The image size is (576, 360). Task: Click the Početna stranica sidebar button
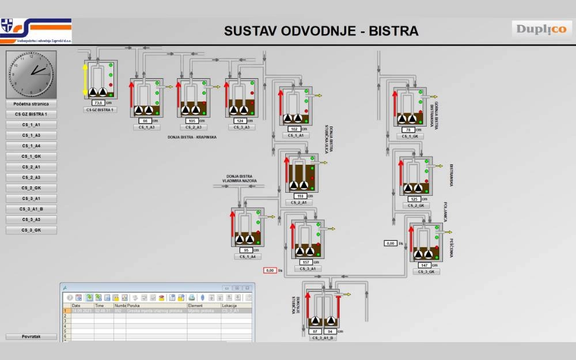click(x=31, y=104)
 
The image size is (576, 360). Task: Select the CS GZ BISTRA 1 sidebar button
click(x=31, y=114)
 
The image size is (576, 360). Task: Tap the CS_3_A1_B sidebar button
click(x=31, y=209)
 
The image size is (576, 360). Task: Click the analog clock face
click(x=31, y=74)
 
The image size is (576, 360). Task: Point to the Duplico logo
click(x=541, y=29)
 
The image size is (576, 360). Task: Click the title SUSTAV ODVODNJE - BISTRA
click(x=321, y=31)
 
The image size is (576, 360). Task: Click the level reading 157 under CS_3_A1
click(x=305, y=262)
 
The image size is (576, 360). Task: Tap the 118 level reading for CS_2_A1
click(x=300, y=196)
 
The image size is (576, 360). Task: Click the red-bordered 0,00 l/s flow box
click(x=270, y=270)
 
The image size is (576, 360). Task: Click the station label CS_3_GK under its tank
click(x=426, y=271)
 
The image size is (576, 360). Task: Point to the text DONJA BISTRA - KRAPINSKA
click(x=192, y=138)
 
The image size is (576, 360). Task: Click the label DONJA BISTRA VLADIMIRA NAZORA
click(x=241, y=178)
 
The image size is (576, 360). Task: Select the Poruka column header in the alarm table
click(x=134, y=306)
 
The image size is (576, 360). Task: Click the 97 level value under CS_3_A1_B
click(x=314, y=331)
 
